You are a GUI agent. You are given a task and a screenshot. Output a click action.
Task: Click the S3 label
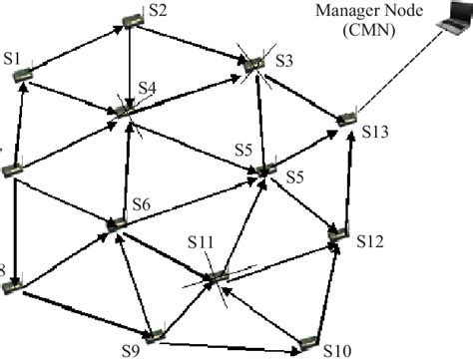(x=283, y=61)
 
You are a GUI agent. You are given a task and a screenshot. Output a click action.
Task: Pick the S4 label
(x=148, y=89)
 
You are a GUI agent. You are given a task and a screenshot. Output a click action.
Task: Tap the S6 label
(x=141, y=204)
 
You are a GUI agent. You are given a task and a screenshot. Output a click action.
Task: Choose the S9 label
(x=130, y=349)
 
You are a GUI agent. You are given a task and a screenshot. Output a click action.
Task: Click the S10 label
(x=337, y=350)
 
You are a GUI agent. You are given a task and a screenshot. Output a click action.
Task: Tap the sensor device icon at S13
(x=346, y=120)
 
